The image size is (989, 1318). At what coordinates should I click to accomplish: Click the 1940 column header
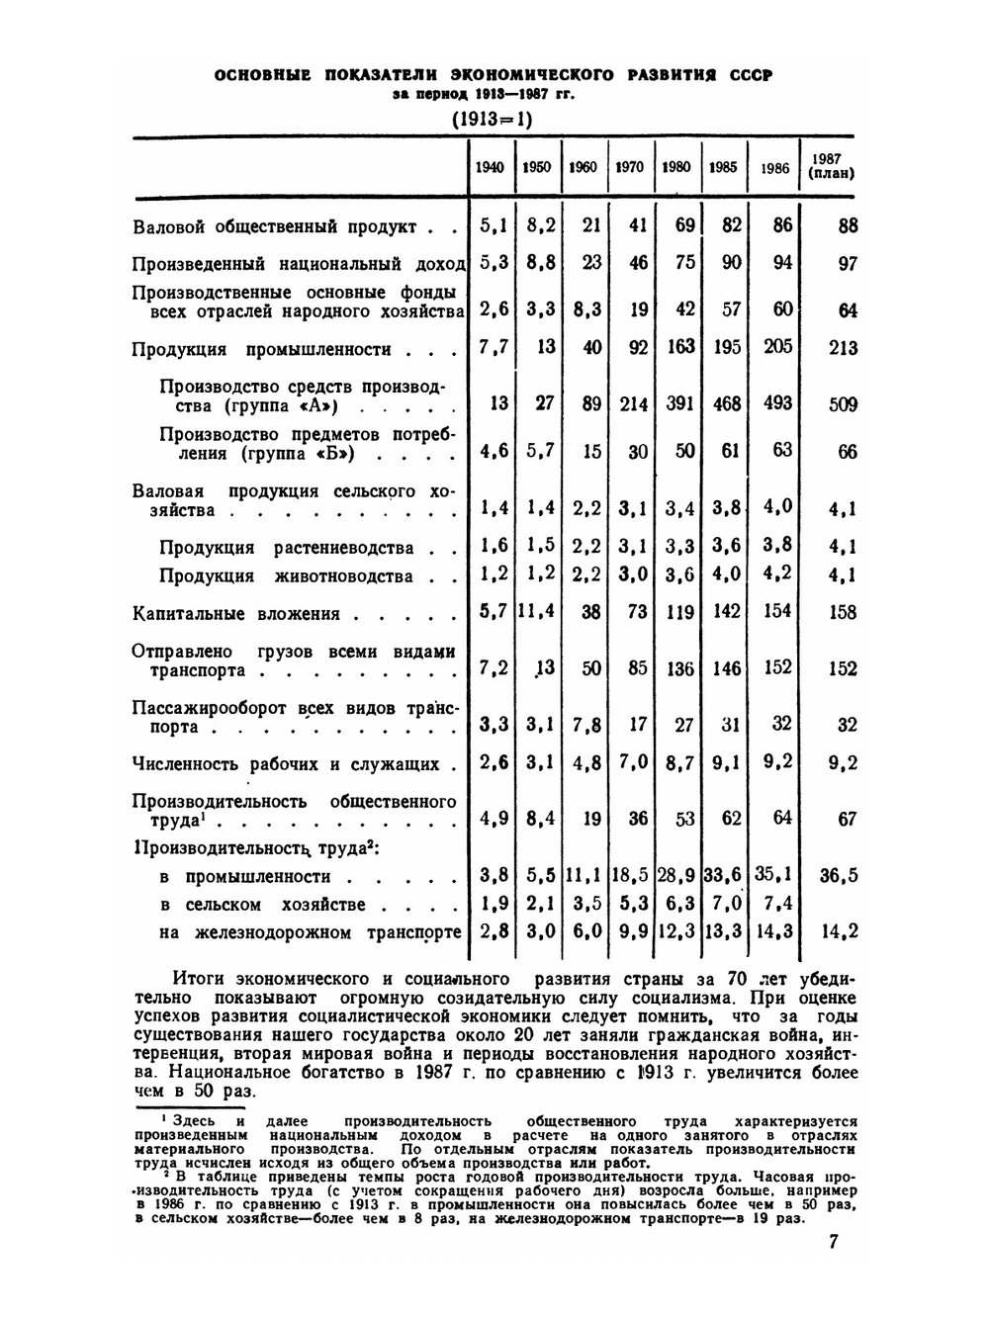click(490, 167)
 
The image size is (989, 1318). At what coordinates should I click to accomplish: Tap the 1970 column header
click(629, 167)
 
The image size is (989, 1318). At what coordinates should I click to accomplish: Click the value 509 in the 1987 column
click(842, 404)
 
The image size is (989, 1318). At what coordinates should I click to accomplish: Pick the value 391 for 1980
click(678, 403)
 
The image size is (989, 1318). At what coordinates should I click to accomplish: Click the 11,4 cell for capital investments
click(537, 612)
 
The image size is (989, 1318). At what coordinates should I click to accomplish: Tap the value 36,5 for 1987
click(839, 875)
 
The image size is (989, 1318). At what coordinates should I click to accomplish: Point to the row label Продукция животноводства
click(286, 576)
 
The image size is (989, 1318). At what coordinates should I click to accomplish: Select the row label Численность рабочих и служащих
click(286, 764)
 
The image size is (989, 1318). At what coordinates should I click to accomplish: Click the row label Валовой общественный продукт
click(275, 227)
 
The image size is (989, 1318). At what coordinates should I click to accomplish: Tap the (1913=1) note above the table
click(492, 120)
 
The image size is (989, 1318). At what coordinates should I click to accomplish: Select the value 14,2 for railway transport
click(841, 931)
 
